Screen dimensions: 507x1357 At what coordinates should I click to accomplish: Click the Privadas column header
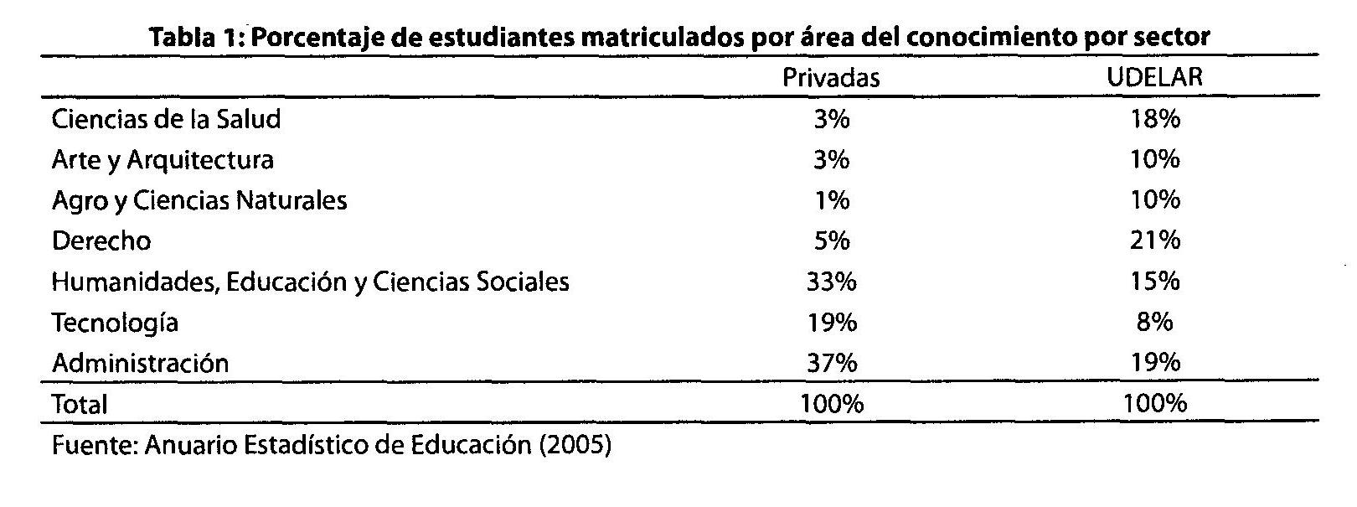[830, 78]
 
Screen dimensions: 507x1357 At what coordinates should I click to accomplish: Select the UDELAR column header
[1153, 78]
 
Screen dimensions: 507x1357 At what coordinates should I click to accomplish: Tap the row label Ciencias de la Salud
[166, 119]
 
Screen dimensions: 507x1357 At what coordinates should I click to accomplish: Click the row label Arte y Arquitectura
[163, 159]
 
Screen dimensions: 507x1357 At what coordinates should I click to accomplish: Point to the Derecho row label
[101, 241]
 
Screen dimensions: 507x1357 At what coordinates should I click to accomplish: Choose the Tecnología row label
[115, 323]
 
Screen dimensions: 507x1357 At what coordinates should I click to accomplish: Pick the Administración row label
[140, 363]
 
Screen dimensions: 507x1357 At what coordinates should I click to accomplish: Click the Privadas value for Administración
[830, 363]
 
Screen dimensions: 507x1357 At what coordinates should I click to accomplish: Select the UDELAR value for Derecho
[1153, 241]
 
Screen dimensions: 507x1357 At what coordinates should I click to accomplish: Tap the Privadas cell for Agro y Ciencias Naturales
[830, 200]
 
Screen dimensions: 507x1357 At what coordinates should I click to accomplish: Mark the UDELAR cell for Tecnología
[1153, 323]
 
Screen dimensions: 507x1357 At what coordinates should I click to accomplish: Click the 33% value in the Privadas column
[830, 282]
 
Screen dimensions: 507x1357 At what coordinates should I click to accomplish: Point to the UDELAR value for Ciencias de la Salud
[1153, 119]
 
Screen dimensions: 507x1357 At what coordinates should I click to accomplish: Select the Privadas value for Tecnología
[830, 323]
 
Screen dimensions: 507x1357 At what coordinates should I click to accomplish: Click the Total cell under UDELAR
[1153, 404]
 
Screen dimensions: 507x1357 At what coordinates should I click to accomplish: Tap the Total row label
[80, 405]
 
